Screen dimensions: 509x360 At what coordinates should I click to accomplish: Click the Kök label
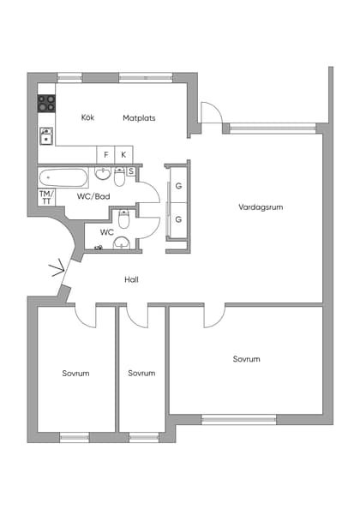tap(87, 117)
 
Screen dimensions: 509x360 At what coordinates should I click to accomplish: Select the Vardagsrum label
tap(261, 207)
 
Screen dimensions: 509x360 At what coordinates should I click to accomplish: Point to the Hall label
tap(131, 279)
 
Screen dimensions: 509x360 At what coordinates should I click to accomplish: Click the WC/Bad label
tap(93, 196)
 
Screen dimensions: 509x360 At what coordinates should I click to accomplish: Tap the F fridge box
tap(106, 154)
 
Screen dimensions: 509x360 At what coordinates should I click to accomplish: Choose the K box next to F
tap(124, 154)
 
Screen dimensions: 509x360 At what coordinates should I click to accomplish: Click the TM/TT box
tap(46, 196)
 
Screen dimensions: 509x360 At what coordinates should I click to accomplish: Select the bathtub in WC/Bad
tap(63, 177)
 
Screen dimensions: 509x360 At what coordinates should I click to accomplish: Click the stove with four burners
tap(46, 104)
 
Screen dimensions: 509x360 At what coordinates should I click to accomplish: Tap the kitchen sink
tap(46, 135)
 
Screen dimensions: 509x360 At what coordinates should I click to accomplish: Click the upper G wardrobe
tap(179, 186)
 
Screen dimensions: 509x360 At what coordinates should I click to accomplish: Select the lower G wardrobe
tap(179, 219)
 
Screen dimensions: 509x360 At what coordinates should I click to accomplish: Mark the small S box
tap(131, 171)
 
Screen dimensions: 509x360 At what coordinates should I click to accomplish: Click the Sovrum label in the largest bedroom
tap(246, 359)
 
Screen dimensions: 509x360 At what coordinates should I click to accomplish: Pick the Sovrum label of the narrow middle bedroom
tap(141, 373)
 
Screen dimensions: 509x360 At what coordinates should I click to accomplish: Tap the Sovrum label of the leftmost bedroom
tap(75, 373)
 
